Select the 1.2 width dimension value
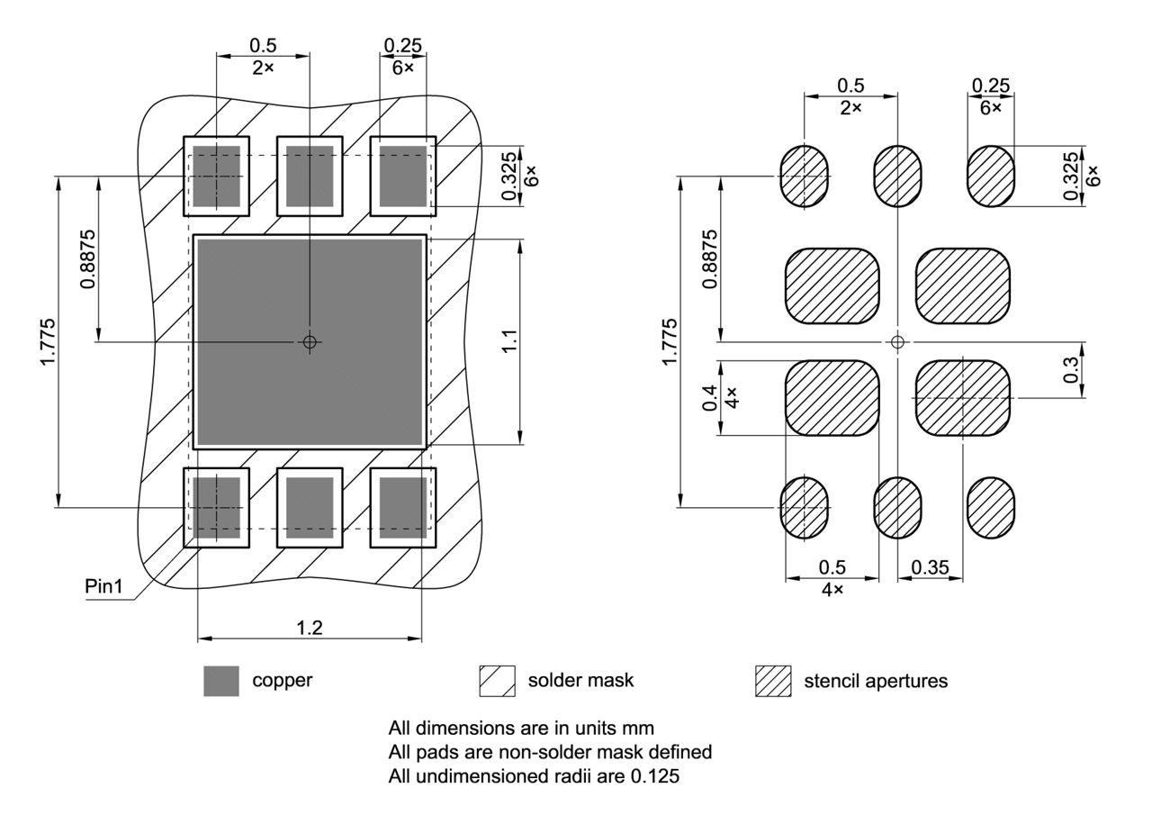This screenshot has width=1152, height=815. (310, 628)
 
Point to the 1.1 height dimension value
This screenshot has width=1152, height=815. (509, 342)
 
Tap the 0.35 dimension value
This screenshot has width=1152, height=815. (930, 567)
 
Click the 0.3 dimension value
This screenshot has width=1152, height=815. (1070, 370)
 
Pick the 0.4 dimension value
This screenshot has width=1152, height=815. (710, 397)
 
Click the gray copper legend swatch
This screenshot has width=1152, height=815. (221, 681)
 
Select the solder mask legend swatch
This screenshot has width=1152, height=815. (498, 681)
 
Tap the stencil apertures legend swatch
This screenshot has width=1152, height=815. (773, 681)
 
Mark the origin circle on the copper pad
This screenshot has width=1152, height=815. (310, 341)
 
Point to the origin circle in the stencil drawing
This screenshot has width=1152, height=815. (896, 341)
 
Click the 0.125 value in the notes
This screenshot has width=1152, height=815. (659, 774)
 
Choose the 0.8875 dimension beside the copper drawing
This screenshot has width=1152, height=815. (85, 259)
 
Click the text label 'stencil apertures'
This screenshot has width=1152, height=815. (876, 681)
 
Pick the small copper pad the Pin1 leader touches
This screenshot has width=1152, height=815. (216, 507)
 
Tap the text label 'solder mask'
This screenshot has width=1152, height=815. (580, 680)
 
